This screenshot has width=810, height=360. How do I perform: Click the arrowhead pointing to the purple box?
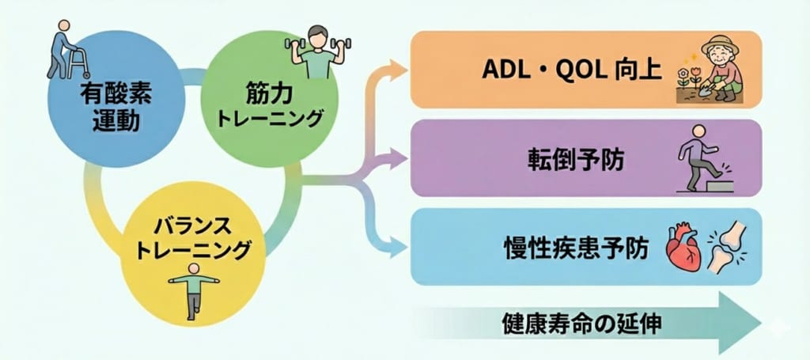tap(399, 159)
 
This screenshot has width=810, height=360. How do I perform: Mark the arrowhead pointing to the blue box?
tap(399, 244)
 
